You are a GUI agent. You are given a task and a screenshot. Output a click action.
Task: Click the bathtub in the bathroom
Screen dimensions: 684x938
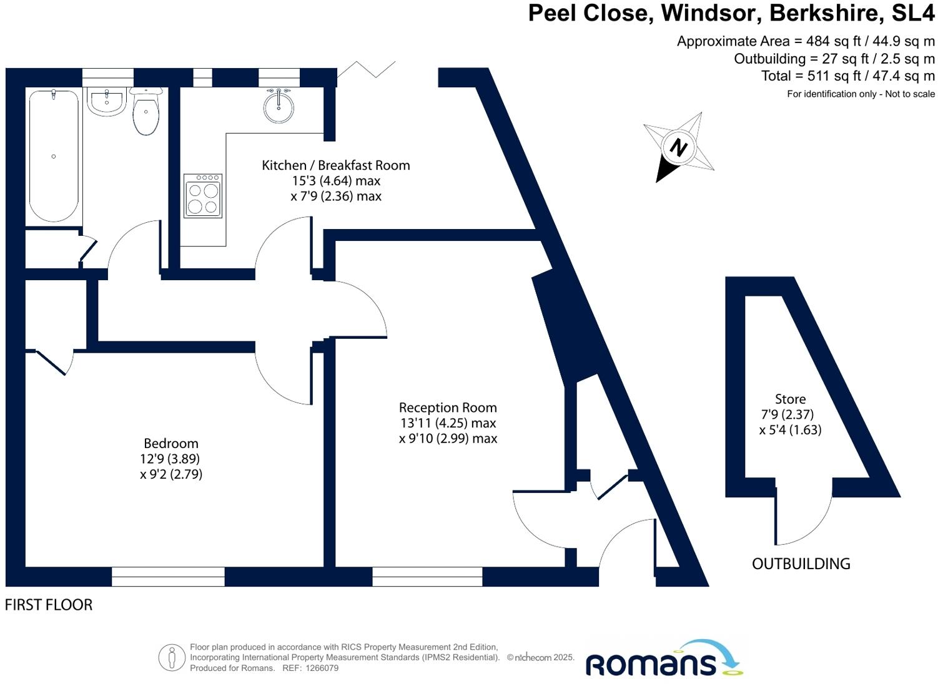(54, 156)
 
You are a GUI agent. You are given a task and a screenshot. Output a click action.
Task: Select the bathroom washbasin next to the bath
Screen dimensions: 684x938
(107, 102)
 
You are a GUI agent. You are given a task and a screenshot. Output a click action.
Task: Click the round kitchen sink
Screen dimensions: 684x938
(279, 107)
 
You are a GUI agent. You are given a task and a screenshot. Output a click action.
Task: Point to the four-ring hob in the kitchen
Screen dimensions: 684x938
(203, 196)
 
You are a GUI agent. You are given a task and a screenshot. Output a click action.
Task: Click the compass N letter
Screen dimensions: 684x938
(678, 147)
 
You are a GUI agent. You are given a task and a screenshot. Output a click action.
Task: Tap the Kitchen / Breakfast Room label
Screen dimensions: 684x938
(335, 165)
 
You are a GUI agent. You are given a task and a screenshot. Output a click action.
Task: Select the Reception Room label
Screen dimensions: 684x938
(448, 408)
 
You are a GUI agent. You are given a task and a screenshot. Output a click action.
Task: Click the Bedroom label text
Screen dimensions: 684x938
(170, 444)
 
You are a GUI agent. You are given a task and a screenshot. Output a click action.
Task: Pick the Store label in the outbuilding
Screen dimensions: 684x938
(790, 399)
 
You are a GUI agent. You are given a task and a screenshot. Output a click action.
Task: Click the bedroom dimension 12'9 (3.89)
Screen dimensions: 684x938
(170, 459)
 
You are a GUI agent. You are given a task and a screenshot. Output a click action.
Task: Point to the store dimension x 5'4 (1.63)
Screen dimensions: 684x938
(790, 430)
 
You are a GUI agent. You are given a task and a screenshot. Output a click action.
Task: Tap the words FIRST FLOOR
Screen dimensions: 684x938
(49, 605)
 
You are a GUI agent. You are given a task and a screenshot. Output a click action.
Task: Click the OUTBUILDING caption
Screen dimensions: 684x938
(801, 564)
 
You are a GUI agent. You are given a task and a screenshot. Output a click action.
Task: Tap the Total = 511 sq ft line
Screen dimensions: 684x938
(847, 76)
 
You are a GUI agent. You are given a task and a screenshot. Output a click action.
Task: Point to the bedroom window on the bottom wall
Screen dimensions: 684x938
(168, 577)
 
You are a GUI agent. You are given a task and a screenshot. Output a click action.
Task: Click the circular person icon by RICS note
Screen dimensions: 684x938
(172, 658)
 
